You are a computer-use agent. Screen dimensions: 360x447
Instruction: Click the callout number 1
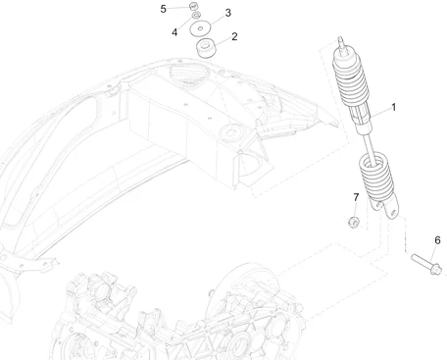coord(393,106)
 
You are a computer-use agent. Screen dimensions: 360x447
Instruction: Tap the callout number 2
coord(233,38)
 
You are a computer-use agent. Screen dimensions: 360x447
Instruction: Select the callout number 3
coord(227,13)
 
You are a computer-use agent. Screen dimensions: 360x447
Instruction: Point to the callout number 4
coord(174,32)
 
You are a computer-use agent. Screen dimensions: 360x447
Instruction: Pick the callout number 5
coord(164,9)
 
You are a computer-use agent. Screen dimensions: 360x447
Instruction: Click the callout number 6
coord(437,240)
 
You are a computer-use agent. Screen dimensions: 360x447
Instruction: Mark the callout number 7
coord(356,198)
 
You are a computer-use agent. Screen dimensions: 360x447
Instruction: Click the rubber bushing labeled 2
coord(204,49)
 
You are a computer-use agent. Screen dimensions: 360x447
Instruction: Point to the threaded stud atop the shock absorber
coord(342,44)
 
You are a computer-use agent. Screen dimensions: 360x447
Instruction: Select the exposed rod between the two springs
coord(367,147)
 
